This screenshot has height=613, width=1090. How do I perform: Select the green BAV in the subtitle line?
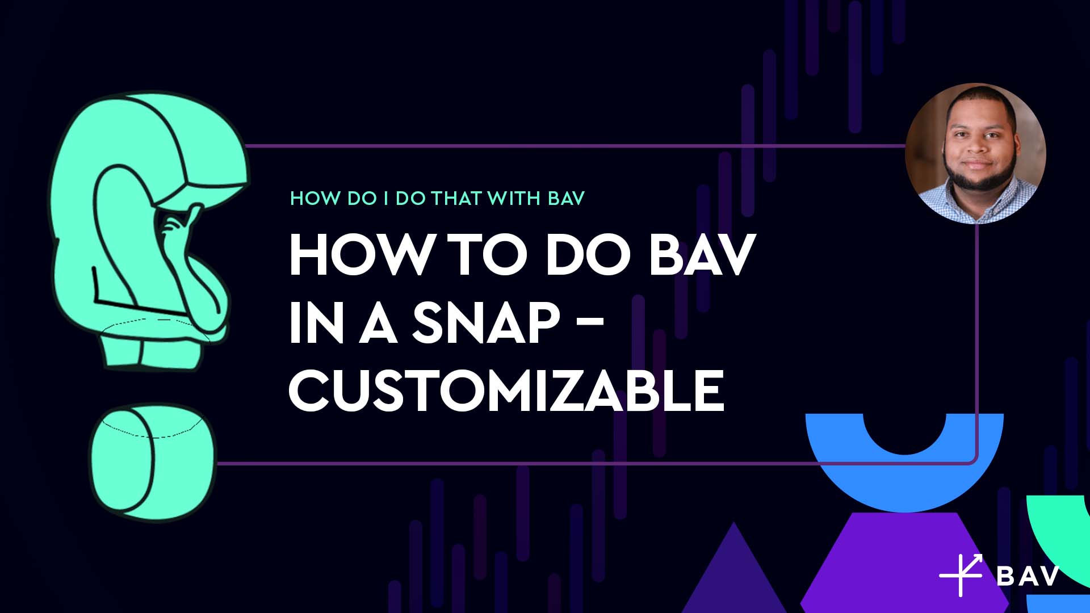point(566,198)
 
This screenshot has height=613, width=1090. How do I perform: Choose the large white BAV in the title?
point(702,255)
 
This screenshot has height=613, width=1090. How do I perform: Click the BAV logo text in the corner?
point(1028,576)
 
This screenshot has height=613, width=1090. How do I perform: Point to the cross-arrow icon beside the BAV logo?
point(961,575)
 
